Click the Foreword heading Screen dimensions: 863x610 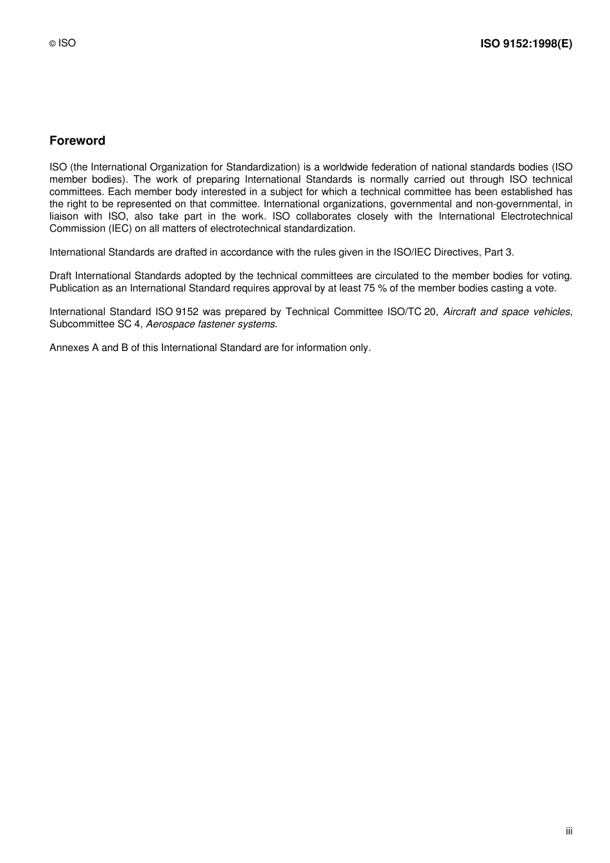(x=77, y=141)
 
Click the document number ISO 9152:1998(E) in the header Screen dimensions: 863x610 (x=526, y=44)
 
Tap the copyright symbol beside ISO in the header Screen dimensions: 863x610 (x=53, y=44)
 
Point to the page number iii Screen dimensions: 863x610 (x=569, y=831)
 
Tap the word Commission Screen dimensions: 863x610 (x=77, y=228)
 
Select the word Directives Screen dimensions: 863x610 (x=455, y=252)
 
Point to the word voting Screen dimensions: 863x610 (x=556, y=276)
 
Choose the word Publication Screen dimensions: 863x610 (x=74, y=288)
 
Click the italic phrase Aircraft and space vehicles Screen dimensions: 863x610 (x=507, y=312)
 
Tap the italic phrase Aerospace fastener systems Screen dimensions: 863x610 (x=211, y=324)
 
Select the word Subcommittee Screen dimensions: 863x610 (x=78, y=324)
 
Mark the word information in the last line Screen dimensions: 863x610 (x=321, y=348)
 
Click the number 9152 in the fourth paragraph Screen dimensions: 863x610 (x=187, y=312)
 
